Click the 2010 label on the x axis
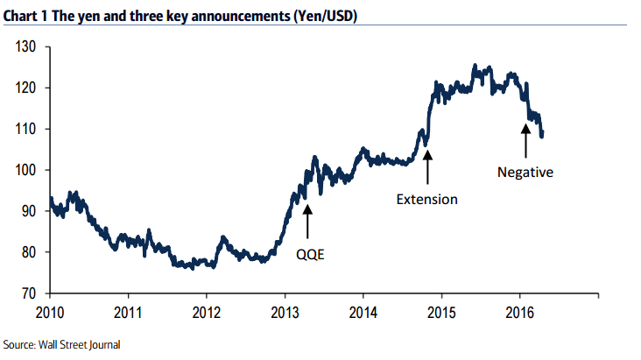click(x=50, y=312)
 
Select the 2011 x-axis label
click(x=128, y=312)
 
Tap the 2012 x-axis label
click(x=207, y=312)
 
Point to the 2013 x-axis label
click(x=285, y=312)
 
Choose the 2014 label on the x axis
click(x=363, y=312)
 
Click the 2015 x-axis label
click(x=442, y=312)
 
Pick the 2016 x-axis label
click(x=520, y=312)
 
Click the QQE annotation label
click(x=308, y=253)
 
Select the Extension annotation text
click(x=426, y=199)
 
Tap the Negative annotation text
click(x=525, y=173)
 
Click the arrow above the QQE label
click(x=307, y=220)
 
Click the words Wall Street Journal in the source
click(x=81, y=345)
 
